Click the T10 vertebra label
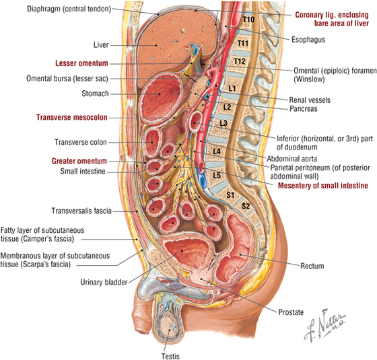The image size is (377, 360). [248, 20]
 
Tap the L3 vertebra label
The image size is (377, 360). [224, 123]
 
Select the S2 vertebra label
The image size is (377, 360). [246, 206]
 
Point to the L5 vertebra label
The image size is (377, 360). [217, 175]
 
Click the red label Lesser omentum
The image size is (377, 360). [81, 63]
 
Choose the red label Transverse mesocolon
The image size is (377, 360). [71, 117]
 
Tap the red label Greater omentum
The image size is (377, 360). [79, 161]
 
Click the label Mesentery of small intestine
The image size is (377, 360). [323, 186]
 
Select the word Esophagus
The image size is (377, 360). [308, 40]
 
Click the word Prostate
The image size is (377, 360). [291, 312]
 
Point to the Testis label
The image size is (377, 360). [170, 356]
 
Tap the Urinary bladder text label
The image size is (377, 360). [104, 282]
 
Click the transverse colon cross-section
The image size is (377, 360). [152, 143]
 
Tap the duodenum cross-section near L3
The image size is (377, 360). [195, 121]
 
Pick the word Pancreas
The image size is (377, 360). [303, 109]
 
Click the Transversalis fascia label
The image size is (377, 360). [81, 211]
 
